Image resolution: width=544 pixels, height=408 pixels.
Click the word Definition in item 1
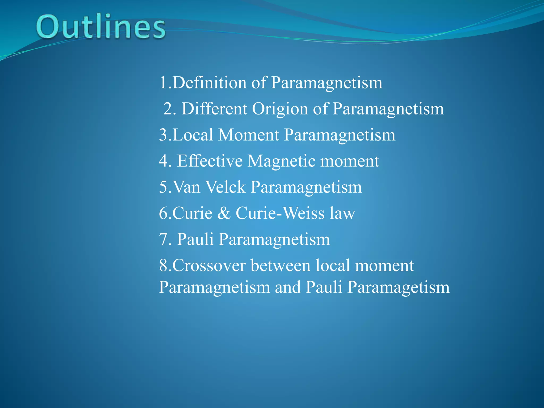(x=209, y=83)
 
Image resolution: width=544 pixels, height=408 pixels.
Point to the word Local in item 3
(x=193, y=135)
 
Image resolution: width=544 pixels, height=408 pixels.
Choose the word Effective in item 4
(x=210, y=161)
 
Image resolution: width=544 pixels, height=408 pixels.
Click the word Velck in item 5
(x=226, y=187)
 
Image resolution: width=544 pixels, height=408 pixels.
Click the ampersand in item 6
(x=224, y=213)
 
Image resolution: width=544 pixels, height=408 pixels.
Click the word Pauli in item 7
(x=195, y=239)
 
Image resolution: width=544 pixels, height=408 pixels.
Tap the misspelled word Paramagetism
(x=398, y=287)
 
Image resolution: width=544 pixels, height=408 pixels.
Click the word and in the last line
(x=288, y=287)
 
